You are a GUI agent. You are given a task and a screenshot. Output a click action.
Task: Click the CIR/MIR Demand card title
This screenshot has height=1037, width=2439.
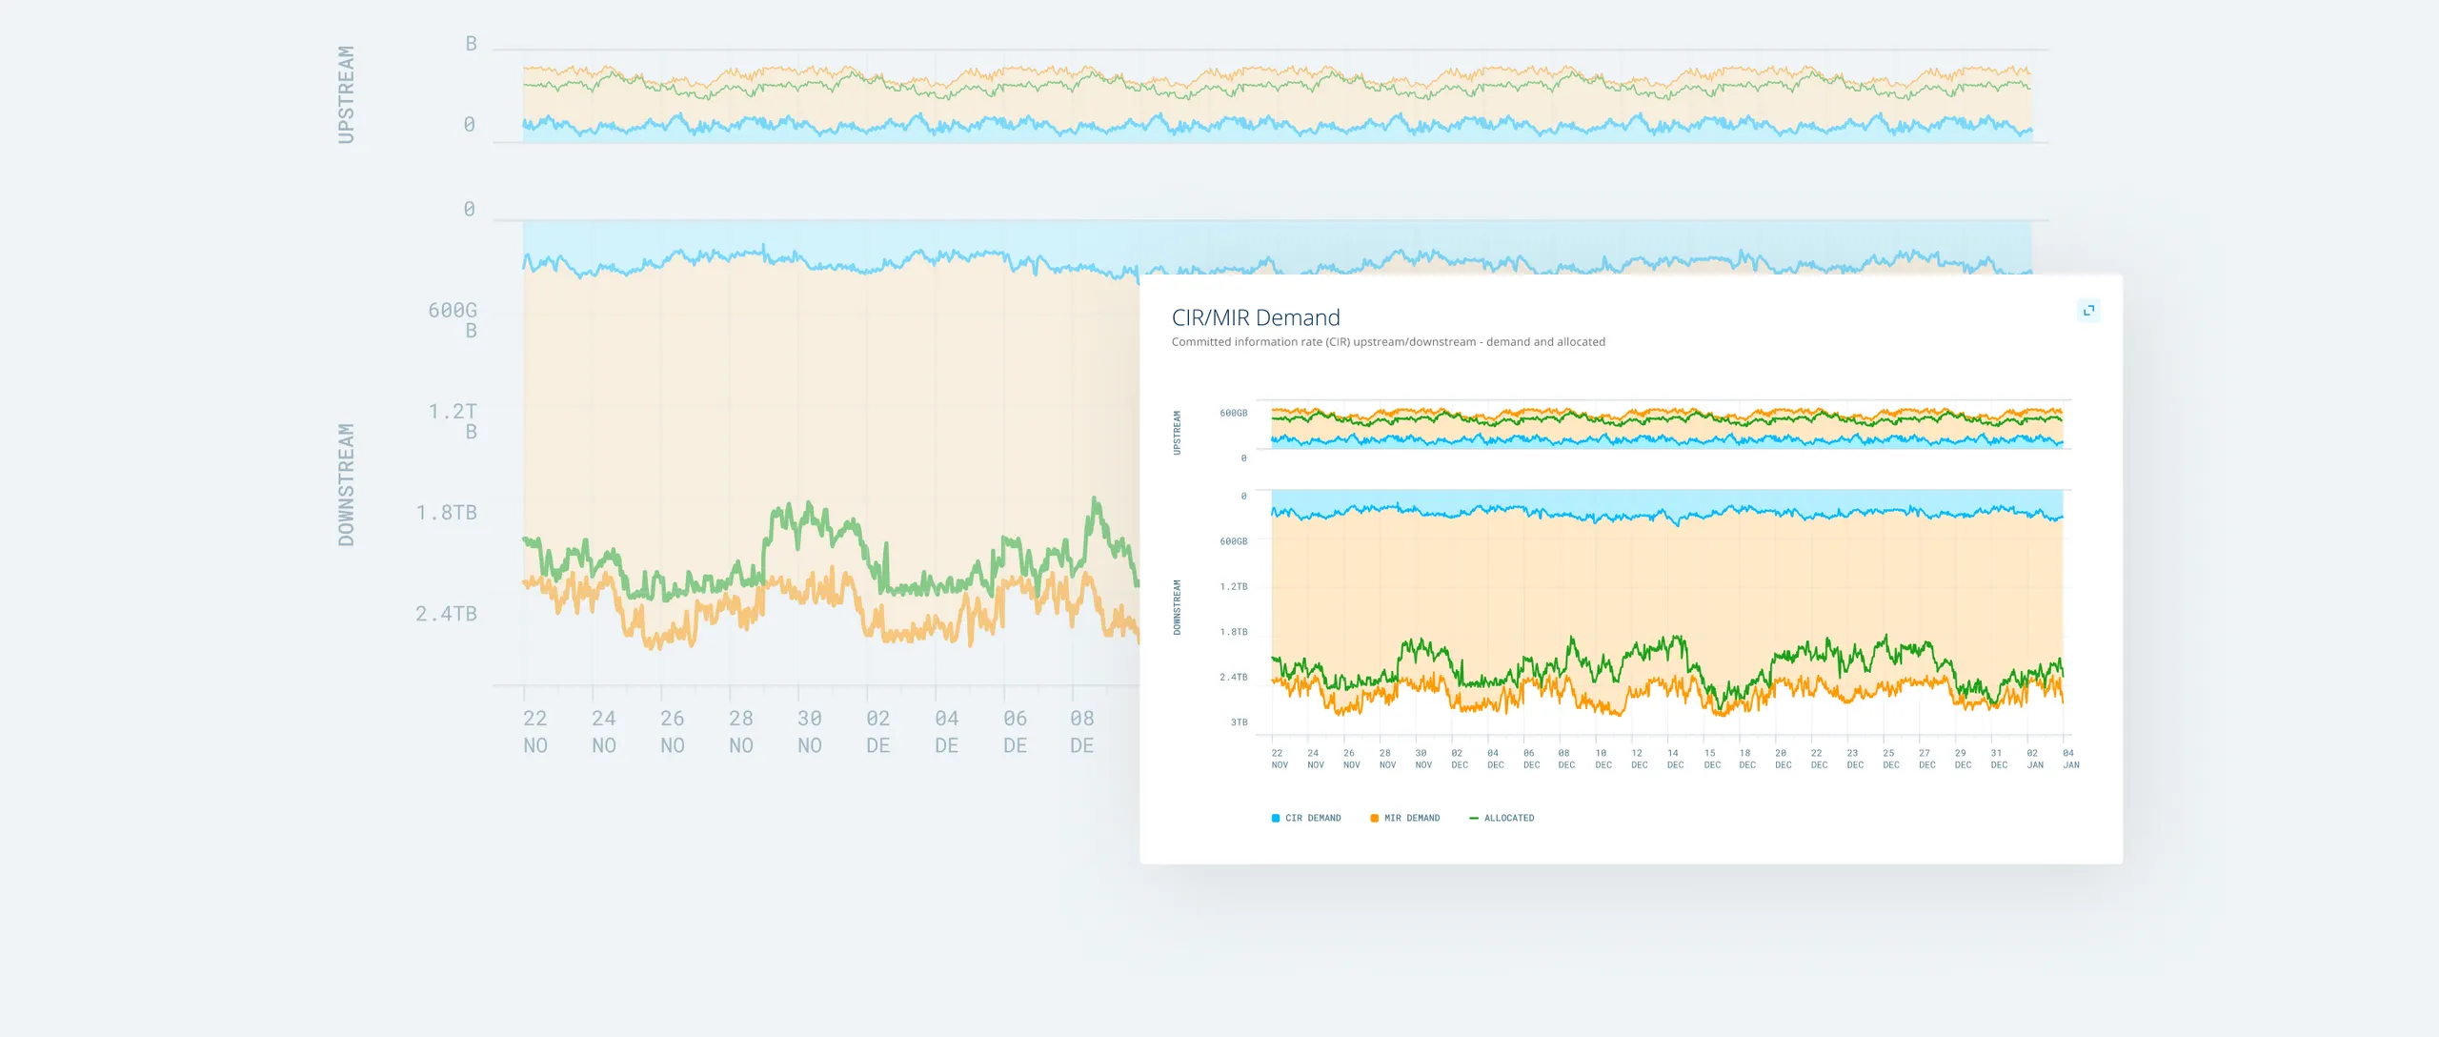1255,317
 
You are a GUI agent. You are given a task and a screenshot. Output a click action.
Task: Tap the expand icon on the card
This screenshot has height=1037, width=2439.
2088,311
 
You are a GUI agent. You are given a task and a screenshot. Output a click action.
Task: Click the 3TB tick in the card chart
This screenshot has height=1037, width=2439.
1239,722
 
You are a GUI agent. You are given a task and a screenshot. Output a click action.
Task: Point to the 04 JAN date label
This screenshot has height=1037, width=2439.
2070,759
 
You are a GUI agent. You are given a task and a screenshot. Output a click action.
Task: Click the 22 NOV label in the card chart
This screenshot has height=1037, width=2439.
1279,759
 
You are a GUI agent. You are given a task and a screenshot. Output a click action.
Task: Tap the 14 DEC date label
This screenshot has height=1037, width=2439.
1674,759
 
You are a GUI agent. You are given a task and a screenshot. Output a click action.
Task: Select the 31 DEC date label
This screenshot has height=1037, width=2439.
1998,759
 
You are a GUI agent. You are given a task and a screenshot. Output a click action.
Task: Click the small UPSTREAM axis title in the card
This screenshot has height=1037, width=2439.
1177,433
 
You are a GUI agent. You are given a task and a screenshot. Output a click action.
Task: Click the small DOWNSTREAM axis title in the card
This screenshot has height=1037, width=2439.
1177,607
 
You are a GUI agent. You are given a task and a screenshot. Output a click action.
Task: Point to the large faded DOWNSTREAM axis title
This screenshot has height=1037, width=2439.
346,485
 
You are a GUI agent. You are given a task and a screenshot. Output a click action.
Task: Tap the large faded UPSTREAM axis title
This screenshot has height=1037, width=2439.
346,94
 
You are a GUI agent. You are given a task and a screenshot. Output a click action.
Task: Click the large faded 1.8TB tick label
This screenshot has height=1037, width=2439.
446,513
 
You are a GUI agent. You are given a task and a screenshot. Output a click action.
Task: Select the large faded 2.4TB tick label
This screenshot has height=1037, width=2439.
446,614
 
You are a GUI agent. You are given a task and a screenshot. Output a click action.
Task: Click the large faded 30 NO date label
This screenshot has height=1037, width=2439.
810,731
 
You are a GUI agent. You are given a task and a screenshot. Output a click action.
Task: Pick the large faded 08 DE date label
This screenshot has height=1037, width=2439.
1081,731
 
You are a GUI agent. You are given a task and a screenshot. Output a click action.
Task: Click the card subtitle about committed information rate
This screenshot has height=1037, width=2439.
1387,342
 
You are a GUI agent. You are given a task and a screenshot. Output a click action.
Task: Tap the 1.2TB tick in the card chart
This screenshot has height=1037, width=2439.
1233,587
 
